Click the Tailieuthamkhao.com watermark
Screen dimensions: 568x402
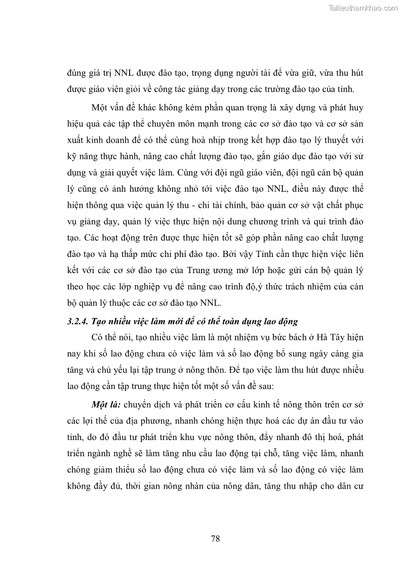tap(364, 8)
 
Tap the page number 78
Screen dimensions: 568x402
tap(215, 538)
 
